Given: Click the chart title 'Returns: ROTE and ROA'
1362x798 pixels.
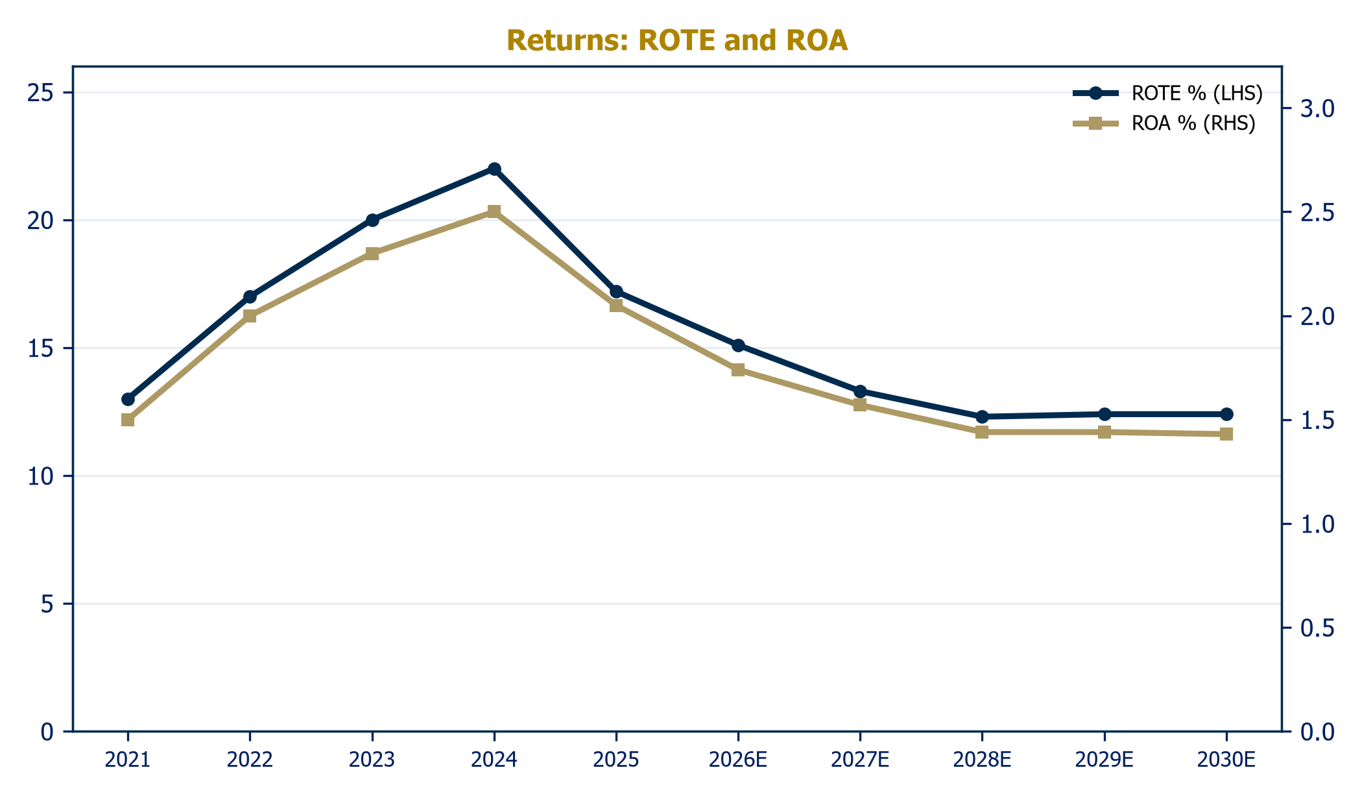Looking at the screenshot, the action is point(677,40).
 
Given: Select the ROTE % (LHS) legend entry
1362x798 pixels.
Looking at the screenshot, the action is point(1167,93).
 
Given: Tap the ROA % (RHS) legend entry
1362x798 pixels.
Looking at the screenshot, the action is point(1164,123).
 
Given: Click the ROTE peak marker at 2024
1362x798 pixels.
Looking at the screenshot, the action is point(494,169).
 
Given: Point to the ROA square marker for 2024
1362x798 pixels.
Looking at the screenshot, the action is point(494,212).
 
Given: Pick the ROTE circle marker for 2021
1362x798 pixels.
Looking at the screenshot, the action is point(128,399).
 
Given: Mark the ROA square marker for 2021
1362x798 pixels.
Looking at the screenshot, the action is point(128,420).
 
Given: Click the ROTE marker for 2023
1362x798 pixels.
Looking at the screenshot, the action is point(372,220).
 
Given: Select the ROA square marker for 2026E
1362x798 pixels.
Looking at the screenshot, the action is point(738,370).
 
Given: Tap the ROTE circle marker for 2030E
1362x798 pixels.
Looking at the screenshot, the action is point(1226,414).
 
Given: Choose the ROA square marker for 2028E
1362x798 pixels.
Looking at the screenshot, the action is point(982,432).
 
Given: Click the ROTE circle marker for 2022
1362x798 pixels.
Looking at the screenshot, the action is point(250,296).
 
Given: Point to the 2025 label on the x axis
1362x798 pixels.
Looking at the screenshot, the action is point(616,760).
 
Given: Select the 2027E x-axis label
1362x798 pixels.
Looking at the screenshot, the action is point(860,760).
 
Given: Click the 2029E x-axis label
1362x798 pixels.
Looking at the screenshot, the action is point(1105,760).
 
